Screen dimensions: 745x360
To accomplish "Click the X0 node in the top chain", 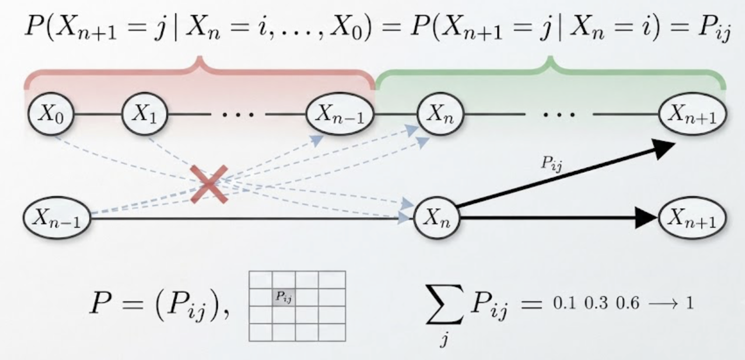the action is click(51, 114).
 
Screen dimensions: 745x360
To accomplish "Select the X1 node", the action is click(145, 114).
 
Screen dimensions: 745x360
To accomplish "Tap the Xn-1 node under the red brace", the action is click(340, 114).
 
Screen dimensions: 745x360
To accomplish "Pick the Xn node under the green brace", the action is click(440, 114).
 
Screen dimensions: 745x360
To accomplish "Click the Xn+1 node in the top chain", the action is click(693, 114).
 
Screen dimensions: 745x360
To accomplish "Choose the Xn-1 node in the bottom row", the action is click(57, 218).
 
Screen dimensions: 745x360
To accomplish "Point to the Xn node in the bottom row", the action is click(437, 218).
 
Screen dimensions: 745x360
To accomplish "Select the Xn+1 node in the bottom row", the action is click(692, 218).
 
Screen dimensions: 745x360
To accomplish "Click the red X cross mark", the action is click(209, 184).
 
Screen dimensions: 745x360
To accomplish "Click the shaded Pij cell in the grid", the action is click(284, 297).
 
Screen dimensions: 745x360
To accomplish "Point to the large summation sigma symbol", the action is click(444, 304).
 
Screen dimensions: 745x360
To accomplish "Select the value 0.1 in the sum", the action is click(564, 303).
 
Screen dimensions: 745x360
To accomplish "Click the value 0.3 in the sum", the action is click(596, 303).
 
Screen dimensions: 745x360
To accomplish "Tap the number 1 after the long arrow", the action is click(689, 303).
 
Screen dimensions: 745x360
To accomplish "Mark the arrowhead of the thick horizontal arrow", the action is click(646, 218).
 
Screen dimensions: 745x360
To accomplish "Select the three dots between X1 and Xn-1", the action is click(238, 115).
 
